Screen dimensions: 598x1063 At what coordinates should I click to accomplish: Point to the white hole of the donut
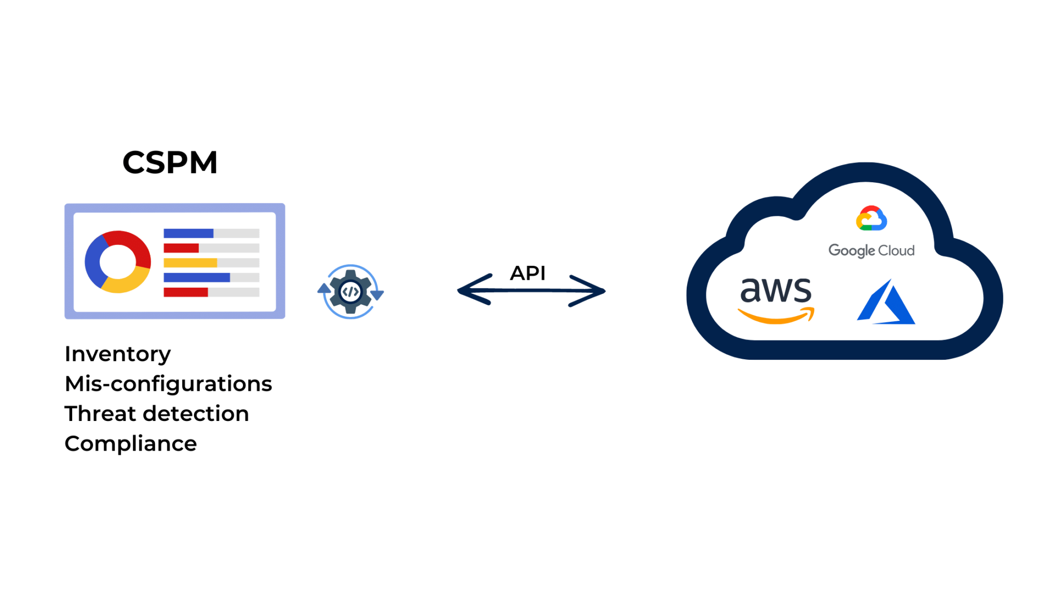click(x=118, y=261)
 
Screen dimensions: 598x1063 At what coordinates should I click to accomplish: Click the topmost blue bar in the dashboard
click(x=188, y=233)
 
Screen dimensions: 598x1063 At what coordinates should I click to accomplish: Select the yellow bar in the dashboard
click(x=190, y=263)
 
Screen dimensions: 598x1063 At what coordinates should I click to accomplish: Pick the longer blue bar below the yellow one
click(x=197, y=278)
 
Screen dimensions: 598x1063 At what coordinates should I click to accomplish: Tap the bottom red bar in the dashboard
click(x=186, y=292)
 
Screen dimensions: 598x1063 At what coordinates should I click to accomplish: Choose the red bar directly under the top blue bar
click(x=181, y=248)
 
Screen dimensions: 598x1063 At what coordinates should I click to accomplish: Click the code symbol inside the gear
click(x=350, y=292)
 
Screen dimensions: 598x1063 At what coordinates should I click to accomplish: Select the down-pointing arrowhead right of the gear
click(x=377, y=295)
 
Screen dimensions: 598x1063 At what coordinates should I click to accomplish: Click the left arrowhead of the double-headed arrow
click(x=470, y=290)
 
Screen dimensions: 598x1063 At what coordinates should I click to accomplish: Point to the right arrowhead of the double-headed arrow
click(x=592, y=291)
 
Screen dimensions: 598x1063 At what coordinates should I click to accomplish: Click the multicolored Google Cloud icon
click(x=871, y=218)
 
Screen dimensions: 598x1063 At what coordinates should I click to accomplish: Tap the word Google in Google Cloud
click(x=851, y=251)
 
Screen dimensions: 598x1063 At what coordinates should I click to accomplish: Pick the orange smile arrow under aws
click(x=775, y=316)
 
